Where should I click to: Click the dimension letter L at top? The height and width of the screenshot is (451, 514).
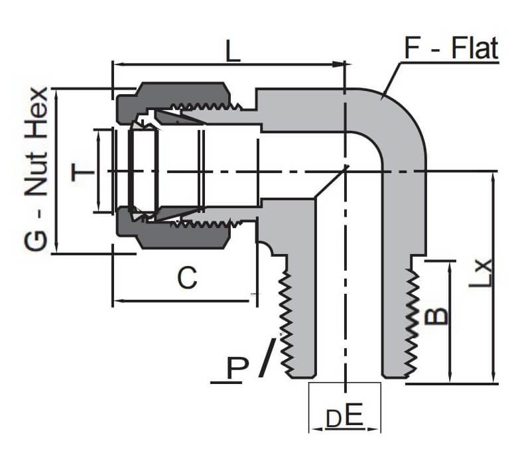[x=231, y=51]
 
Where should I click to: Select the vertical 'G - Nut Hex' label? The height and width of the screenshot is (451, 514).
[x=36, y=170]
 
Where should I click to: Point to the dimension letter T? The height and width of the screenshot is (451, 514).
[x=82, y=174]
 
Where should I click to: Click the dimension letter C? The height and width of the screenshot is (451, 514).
[x=187, y=279]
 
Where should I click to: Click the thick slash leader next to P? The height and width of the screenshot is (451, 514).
[x=267, y=358]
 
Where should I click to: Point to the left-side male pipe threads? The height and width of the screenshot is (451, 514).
[x=287, y=318]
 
